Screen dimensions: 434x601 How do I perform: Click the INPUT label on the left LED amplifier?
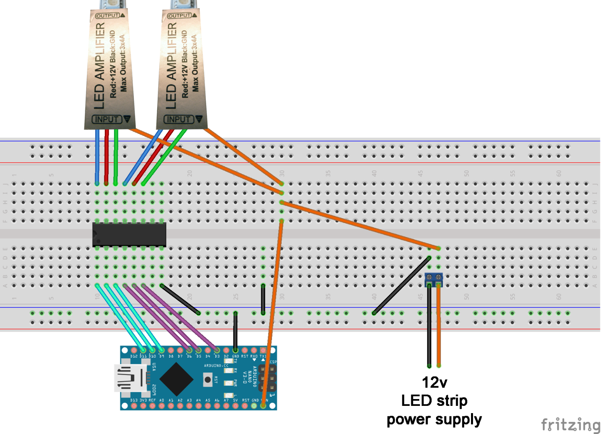(x=106, y=119)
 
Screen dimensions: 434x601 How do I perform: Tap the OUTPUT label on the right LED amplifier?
(x=179, y=16)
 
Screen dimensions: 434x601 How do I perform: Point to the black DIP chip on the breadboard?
(x=129, y=234)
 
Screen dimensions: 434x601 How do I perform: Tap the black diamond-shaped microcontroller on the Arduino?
(x=176, y=379)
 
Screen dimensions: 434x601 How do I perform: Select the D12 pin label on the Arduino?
(x=134, y=356)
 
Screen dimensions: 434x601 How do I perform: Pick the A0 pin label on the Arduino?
(x=162, y=401)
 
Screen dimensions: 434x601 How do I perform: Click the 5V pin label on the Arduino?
(x=236, y=401)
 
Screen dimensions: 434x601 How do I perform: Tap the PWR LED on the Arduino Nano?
(x=229, y=382)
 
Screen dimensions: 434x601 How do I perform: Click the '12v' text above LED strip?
(x=434, y=383)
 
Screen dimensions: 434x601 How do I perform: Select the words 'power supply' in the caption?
(x=434, y=420)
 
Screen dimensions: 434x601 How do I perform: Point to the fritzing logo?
(x=570, y=424)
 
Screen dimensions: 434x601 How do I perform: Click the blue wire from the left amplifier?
(x=97, y=157)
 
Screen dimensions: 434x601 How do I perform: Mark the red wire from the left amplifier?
(x=106, y=157)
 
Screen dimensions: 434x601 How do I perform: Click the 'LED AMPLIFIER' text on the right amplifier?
(x=172, y=66)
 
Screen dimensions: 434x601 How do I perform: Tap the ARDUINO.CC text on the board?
(x=216, y=366)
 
